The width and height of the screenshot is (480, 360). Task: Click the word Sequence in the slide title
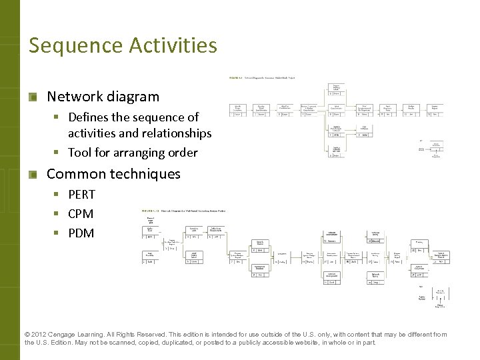(66, 46)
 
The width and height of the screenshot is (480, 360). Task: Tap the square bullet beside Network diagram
(32, 97)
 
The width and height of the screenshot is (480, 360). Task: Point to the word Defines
(91, 117)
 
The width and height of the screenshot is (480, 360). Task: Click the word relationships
(171, 133)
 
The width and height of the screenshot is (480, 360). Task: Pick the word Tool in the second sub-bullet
(79, 153)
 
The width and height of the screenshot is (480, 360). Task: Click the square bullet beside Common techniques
(32, 175)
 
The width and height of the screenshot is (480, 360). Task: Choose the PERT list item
(81, 195)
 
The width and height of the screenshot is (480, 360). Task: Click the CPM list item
(81, 214)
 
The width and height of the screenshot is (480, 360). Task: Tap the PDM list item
(81, 233)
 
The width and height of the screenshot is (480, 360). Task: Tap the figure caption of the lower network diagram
(180, 211)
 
